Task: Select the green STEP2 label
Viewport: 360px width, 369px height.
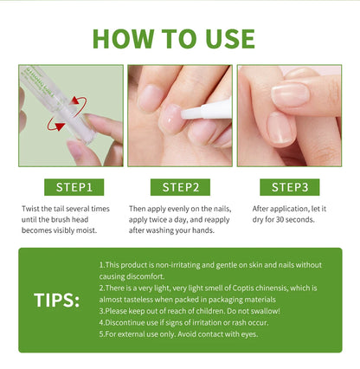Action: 179,187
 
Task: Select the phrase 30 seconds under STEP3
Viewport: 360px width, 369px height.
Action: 292,221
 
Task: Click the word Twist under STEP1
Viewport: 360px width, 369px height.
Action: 33,209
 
